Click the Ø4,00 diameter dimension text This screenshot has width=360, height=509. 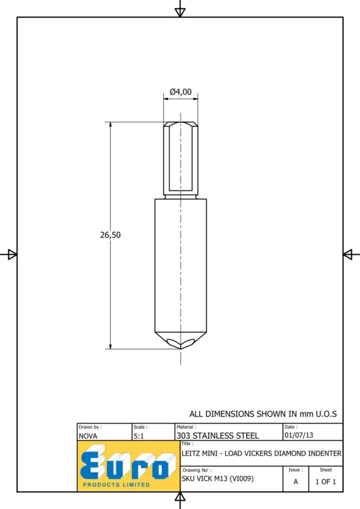pos(181,92)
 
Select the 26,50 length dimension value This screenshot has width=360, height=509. pos(110,234)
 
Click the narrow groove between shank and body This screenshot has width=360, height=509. pos(181,197)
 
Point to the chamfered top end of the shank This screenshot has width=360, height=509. pos(181,124)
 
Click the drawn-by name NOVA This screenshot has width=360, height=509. pos(88,436)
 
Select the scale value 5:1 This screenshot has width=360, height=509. pos(139,436)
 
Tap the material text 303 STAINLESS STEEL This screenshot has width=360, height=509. pos(218,435)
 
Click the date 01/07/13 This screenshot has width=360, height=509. pos(299,435)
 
